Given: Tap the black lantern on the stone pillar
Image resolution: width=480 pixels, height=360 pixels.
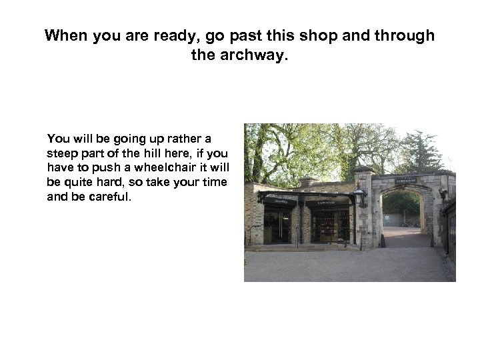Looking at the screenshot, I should [360, 196].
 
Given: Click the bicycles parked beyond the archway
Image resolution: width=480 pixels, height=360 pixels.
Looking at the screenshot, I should [412, 223].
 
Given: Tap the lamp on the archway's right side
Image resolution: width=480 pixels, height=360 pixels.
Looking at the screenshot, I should [442, 194].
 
